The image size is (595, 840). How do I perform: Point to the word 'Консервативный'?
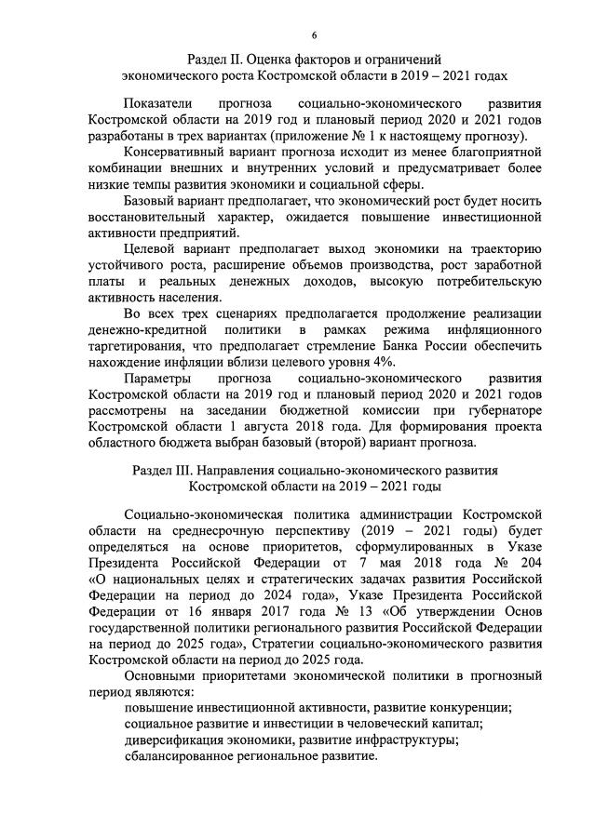[x=176, y=151]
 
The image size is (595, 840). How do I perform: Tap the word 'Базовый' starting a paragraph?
[x=151, y=200]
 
